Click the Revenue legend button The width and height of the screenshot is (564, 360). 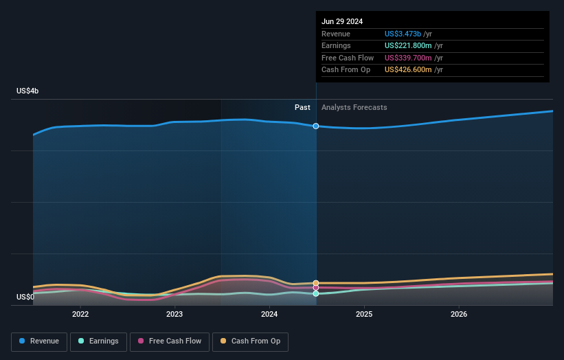point(39,341)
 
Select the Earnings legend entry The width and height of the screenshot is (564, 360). point(98,341)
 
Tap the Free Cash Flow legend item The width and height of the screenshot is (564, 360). point(168,341)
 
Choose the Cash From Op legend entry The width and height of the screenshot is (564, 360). point(251,341)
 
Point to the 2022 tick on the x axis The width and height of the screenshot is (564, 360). point(80,315)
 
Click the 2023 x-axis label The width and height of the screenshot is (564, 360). point(174,315)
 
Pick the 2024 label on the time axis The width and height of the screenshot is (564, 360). point(269,315)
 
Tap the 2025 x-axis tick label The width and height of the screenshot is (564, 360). point(364,315)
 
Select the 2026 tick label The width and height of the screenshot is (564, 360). point(459,315)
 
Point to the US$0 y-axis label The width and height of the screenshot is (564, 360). point(25,297)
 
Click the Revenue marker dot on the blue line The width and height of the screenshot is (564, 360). point(316,126)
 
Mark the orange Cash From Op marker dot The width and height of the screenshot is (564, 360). point(316,283)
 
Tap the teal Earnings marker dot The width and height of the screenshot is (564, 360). point(316,293)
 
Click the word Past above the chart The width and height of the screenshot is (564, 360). point(302,107)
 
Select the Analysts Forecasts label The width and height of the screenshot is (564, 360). point(354,107)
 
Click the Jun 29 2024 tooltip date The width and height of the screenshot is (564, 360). point(342,21)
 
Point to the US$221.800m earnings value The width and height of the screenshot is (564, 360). point(408,46)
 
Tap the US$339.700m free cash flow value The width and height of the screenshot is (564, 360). point(408,58)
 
